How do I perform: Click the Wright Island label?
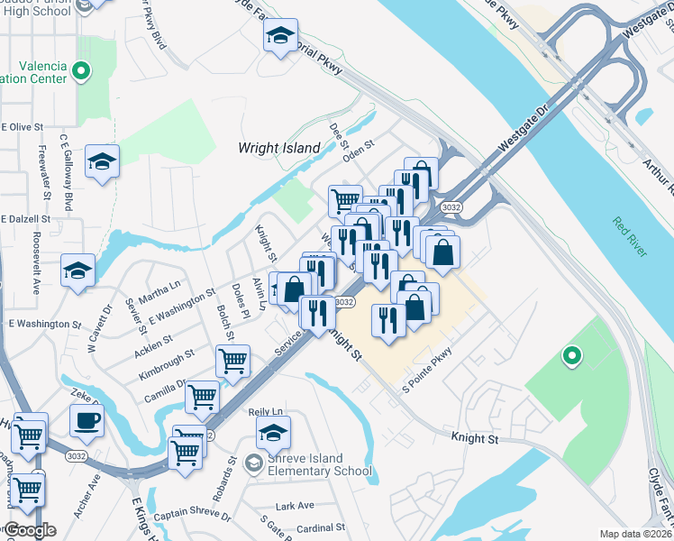[x=278, y=147]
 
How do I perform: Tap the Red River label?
[x=630, y=237]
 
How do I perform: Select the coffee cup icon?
[x=87, y=419]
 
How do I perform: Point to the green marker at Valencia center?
[x=81, y=69]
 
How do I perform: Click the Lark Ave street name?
[x=296, y=506]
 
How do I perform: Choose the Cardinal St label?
[x=321, y=527]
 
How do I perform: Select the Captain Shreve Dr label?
[x=192, y=517]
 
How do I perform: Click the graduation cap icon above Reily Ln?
[x=273, y=433]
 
